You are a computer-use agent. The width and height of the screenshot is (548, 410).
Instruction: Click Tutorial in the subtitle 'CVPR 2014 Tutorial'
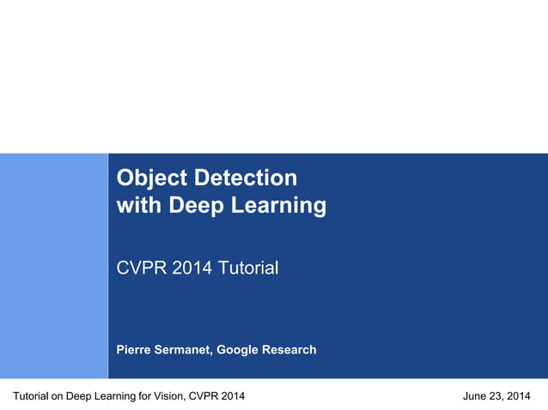(x=247, y=268)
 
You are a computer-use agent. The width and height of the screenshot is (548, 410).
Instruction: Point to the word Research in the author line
(x=289, y=350)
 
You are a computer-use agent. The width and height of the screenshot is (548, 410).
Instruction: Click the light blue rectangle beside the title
(x=53, y=266)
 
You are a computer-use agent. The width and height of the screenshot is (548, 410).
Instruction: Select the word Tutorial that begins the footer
(x=31, y=395)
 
